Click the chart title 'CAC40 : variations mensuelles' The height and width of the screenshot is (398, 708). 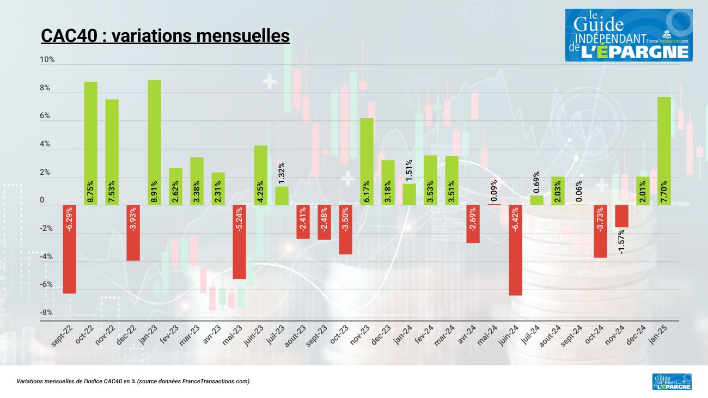pos(165,36)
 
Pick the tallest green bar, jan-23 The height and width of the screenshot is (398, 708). pos(154,142)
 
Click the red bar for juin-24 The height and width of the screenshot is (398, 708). pos(516,250)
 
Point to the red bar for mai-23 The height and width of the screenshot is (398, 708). pos(239,242)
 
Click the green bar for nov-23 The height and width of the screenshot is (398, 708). pos(367,161)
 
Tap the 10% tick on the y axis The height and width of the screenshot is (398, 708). pos(47,59)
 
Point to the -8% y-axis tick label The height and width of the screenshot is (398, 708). pos(46,313)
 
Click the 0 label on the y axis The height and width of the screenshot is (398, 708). pos(42,200)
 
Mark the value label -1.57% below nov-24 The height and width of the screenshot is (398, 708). pos(621,241)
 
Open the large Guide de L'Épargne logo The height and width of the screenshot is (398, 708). pos(628,35)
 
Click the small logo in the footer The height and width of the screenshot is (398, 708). pos(672,381)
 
